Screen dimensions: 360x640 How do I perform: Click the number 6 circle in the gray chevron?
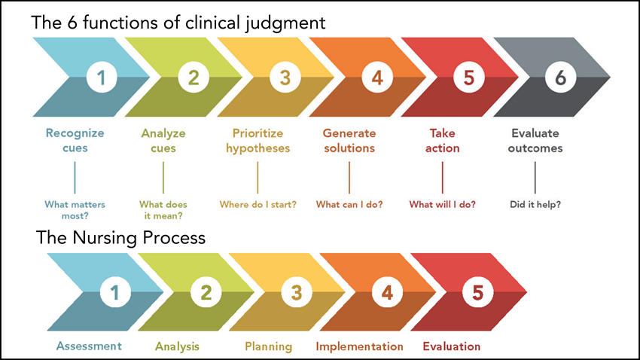(x=559, y=77)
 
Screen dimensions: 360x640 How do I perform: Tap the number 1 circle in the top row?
(x=102, y=77)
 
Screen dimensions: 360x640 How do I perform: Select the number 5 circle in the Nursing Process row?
(x=477, y=293)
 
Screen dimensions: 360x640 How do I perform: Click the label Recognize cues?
(x=75, y=140)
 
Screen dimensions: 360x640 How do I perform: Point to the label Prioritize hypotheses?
(x=257, y=140)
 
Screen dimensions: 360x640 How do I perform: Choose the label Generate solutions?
(x=349, y=140)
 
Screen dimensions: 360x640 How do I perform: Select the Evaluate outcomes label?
(x=535, y=140)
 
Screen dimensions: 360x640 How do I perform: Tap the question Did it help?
(x=535, y=204)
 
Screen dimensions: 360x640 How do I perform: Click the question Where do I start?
(x=257, y=204)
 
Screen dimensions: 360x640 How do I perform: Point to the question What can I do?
(x=349, y=204)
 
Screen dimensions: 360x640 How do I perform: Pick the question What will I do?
(x=442, y=204)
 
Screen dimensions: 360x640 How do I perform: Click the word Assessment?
(x=89, y=346)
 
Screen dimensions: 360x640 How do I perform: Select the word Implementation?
(x=360, y=346)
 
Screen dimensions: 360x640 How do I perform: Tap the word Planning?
(x=269, y=346)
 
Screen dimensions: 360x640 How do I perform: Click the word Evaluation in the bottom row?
(x=452, y=346)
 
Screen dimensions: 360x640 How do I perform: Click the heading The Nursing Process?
(x=120, y=239)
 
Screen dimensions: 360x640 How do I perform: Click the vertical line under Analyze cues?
(x=163, y=178)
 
